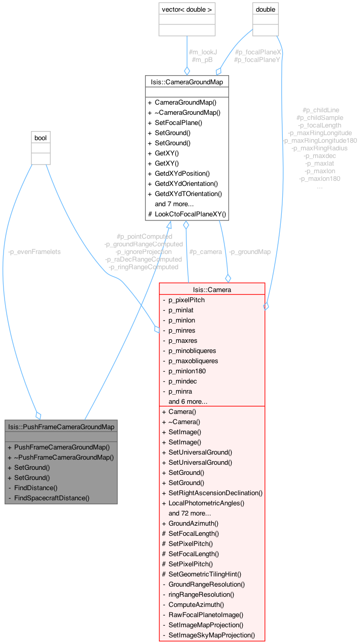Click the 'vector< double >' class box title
tap(186, 10)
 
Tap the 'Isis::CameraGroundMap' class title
tap(186, 81)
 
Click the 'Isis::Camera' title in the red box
tap(212, 289)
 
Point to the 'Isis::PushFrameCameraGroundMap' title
tap(61, 426)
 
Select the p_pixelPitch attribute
tap(186, 300)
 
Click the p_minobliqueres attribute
tap(192, 350)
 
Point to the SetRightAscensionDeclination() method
tap(215, 493)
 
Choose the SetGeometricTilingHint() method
tap(205, 574)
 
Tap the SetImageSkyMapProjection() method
tap(211, 635)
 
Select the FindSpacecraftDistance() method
tap(52, 498)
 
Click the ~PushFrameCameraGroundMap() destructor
tap(63, 457)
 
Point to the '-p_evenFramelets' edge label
tap(34, 251)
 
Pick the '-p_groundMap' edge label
tap(249, 251)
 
